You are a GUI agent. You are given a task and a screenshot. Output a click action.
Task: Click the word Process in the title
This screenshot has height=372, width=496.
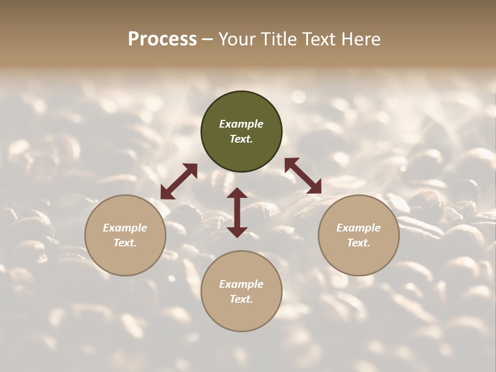tap(162, 39)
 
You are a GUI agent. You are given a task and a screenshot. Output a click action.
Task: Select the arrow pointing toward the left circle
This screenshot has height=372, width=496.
tap(179, 181)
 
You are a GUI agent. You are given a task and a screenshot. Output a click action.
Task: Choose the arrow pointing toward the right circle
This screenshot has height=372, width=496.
tap(303, 176)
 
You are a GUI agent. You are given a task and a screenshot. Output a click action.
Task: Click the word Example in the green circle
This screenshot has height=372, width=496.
tap(241, 124)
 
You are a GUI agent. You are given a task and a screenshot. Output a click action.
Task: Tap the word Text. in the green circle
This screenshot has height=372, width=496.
tap(241, 139)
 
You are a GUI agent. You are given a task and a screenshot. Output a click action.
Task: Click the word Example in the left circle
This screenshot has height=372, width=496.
tap(125, 228)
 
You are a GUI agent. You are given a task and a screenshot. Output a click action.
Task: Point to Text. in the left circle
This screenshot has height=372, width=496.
tap(125, 243)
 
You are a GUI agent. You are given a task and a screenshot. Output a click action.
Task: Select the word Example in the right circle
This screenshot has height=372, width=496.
tap(359, 228)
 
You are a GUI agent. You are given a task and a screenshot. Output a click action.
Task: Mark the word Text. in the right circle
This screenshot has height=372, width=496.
tap(359, 243)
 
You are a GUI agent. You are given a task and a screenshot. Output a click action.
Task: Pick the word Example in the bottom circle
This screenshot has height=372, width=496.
tap(241, 284)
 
